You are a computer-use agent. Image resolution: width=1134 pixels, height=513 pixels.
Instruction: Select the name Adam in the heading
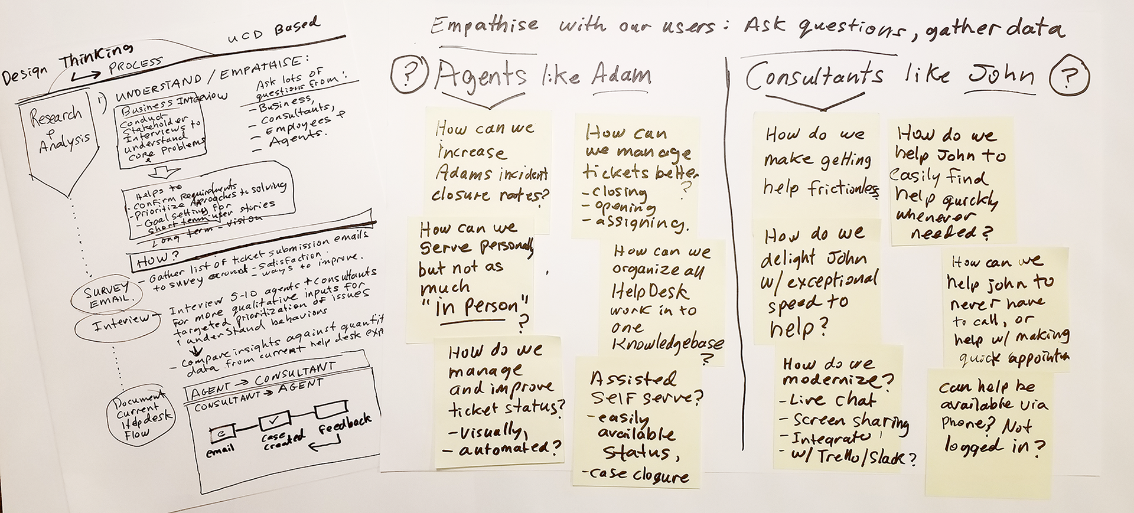pos(621,76)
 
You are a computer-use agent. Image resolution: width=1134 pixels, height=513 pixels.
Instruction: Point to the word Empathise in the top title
pos(484,25)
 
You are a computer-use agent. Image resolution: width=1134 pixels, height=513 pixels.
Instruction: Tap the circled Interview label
pos(121,322)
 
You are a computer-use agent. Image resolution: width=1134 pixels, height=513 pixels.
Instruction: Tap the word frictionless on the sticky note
pos(843,188)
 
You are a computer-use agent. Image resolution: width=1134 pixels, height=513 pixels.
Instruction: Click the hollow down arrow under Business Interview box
pos(164,174)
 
